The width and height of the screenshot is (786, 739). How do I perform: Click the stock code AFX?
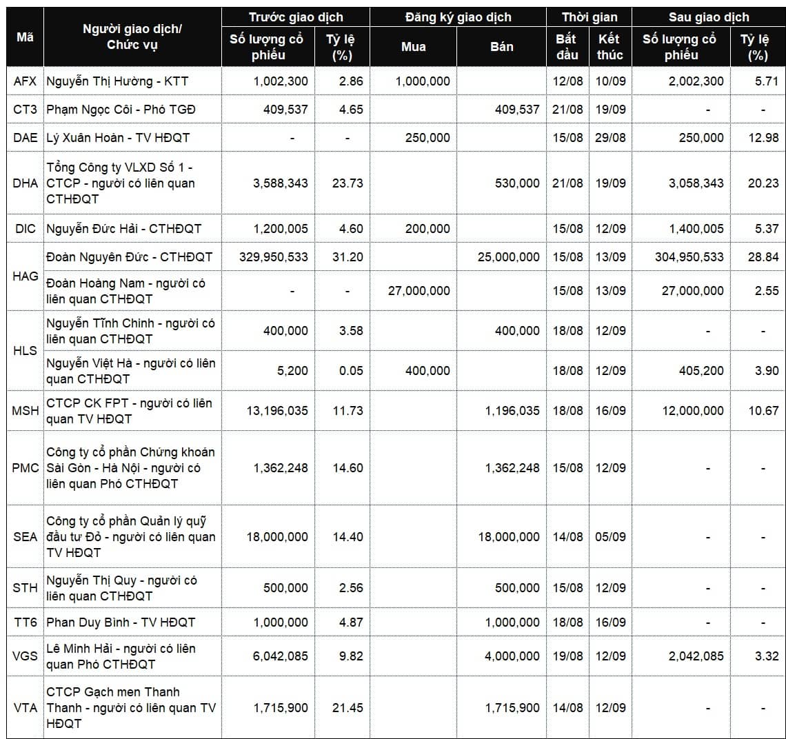(x=25, y=81)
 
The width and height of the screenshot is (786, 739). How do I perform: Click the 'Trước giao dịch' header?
(x=295, y=17)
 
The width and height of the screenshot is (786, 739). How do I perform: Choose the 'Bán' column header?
(x=501, y=47)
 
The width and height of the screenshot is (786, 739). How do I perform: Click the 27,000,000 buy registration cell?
(x=419, y=291)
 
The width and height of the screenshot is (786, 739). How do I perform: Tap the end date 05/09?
(x=610, y=537)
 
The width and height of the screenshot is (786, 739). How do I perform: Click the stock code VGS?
(x=25, y=656)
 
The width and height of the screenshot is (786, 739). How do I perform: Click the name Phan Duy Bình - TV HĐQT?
(x=121, y=622)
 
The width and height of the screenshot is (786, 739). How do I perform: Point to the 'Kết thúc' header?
(x=609, y=47)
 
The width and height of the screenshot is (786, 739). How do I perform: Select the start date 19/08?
(x=567, y=656)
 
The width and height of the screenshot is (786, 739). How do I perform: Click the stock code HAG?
(x=25, y=276)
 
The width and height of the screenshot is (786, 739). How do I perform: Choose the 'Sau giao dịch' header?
(x=708, y=17)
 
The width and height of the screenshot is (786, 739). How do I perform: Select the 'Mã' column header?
(x=25, y=37)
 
